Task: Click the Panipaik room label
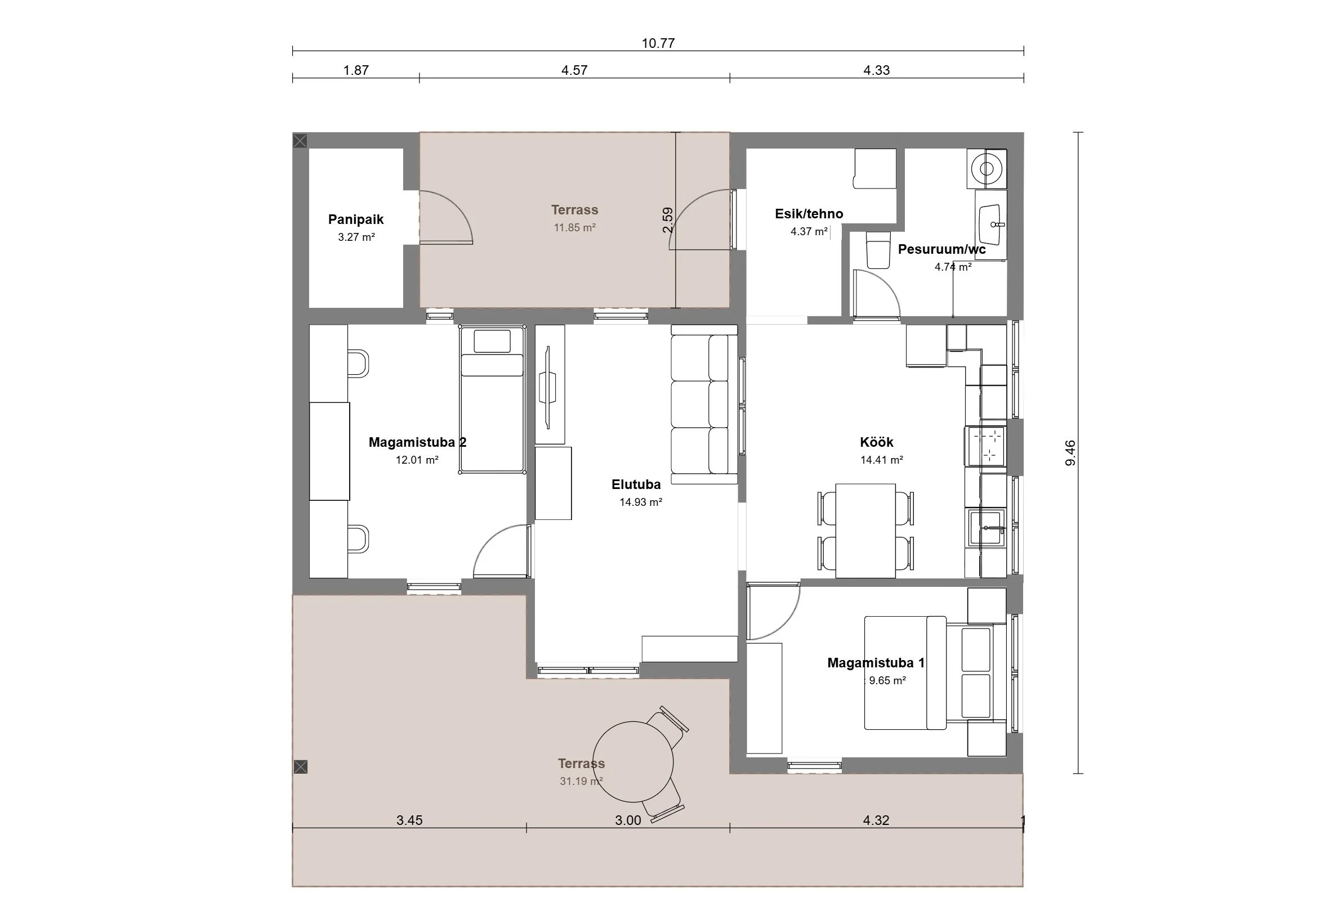[356, 219]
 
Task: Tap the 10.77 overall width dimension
[658, 43]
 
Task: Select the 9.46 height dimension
[1070, 452]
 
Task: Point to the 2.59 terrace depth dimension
[667, 219]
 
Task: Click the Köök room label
[877, 442]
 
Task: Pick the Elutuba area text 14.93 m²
[641, 502]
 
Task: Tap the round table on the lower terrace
[633, 762]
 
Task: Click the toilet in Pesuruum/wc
[879, 250]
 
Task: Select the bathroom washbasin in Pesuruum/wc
[991, 225]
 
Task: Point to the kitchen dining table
[865, 530]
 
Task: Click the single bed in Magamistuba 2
[492, 400]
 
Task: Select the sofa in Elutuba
[704, 405]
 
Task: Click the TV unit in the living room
[550, 385]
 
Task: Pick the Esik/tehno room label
[809, 214]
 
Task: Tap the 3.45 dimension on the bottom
[409, 820]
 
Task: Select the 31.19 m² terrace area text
[581, 781]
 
